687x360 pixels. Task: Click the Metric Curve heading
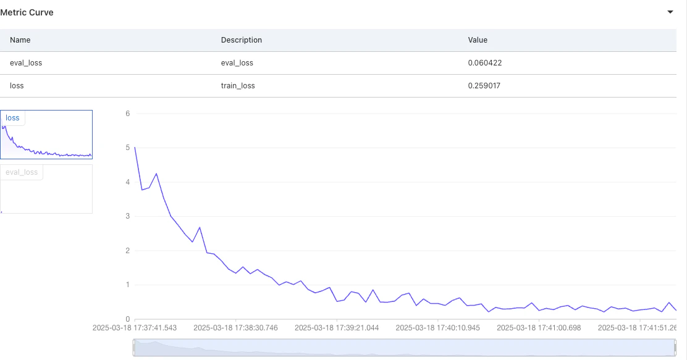(x=27, y=12)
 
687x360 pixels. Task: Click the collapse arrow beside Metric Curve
(x=670, y=12)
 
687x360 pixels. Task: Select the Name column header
(x=20, y=40)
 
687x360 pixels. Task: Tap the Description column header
(x=242, y=40)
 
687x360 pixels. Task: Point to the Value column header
(x=478, y=40)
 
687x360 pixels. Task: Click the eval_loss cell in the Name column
(x=26, y=62)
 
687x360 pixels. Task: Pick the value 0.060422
(x=484, y=62)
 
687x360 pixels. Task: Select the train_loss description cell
(x=238, y=85)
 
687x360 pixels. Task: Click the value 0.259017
(x=484, y=85)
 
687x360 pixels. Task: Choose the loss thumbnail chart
(x=46, y=135)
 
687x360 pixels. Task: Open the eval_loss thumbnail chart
(x=46, y=189)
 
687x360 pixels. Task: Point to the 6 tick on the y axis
(x=127, y=114)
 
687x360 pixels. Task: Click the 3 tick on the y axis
(x=127, y=216)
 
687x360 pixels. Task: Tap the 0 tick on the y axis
(x=127, y=319)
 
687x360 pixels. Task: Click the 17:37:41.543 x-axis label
(x=135, y=328)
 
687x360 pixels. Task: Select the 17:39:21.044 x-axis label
(x=337, y=328)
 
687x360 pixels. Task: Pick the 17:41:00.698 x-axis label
(x=539, y=328)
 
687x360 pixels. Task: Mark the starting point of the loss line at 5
(x=135, y=148)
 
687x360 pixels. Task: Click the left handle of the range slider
(x=135, y=348)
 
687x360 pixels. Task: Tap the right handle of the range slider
(x=675, y=348)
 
